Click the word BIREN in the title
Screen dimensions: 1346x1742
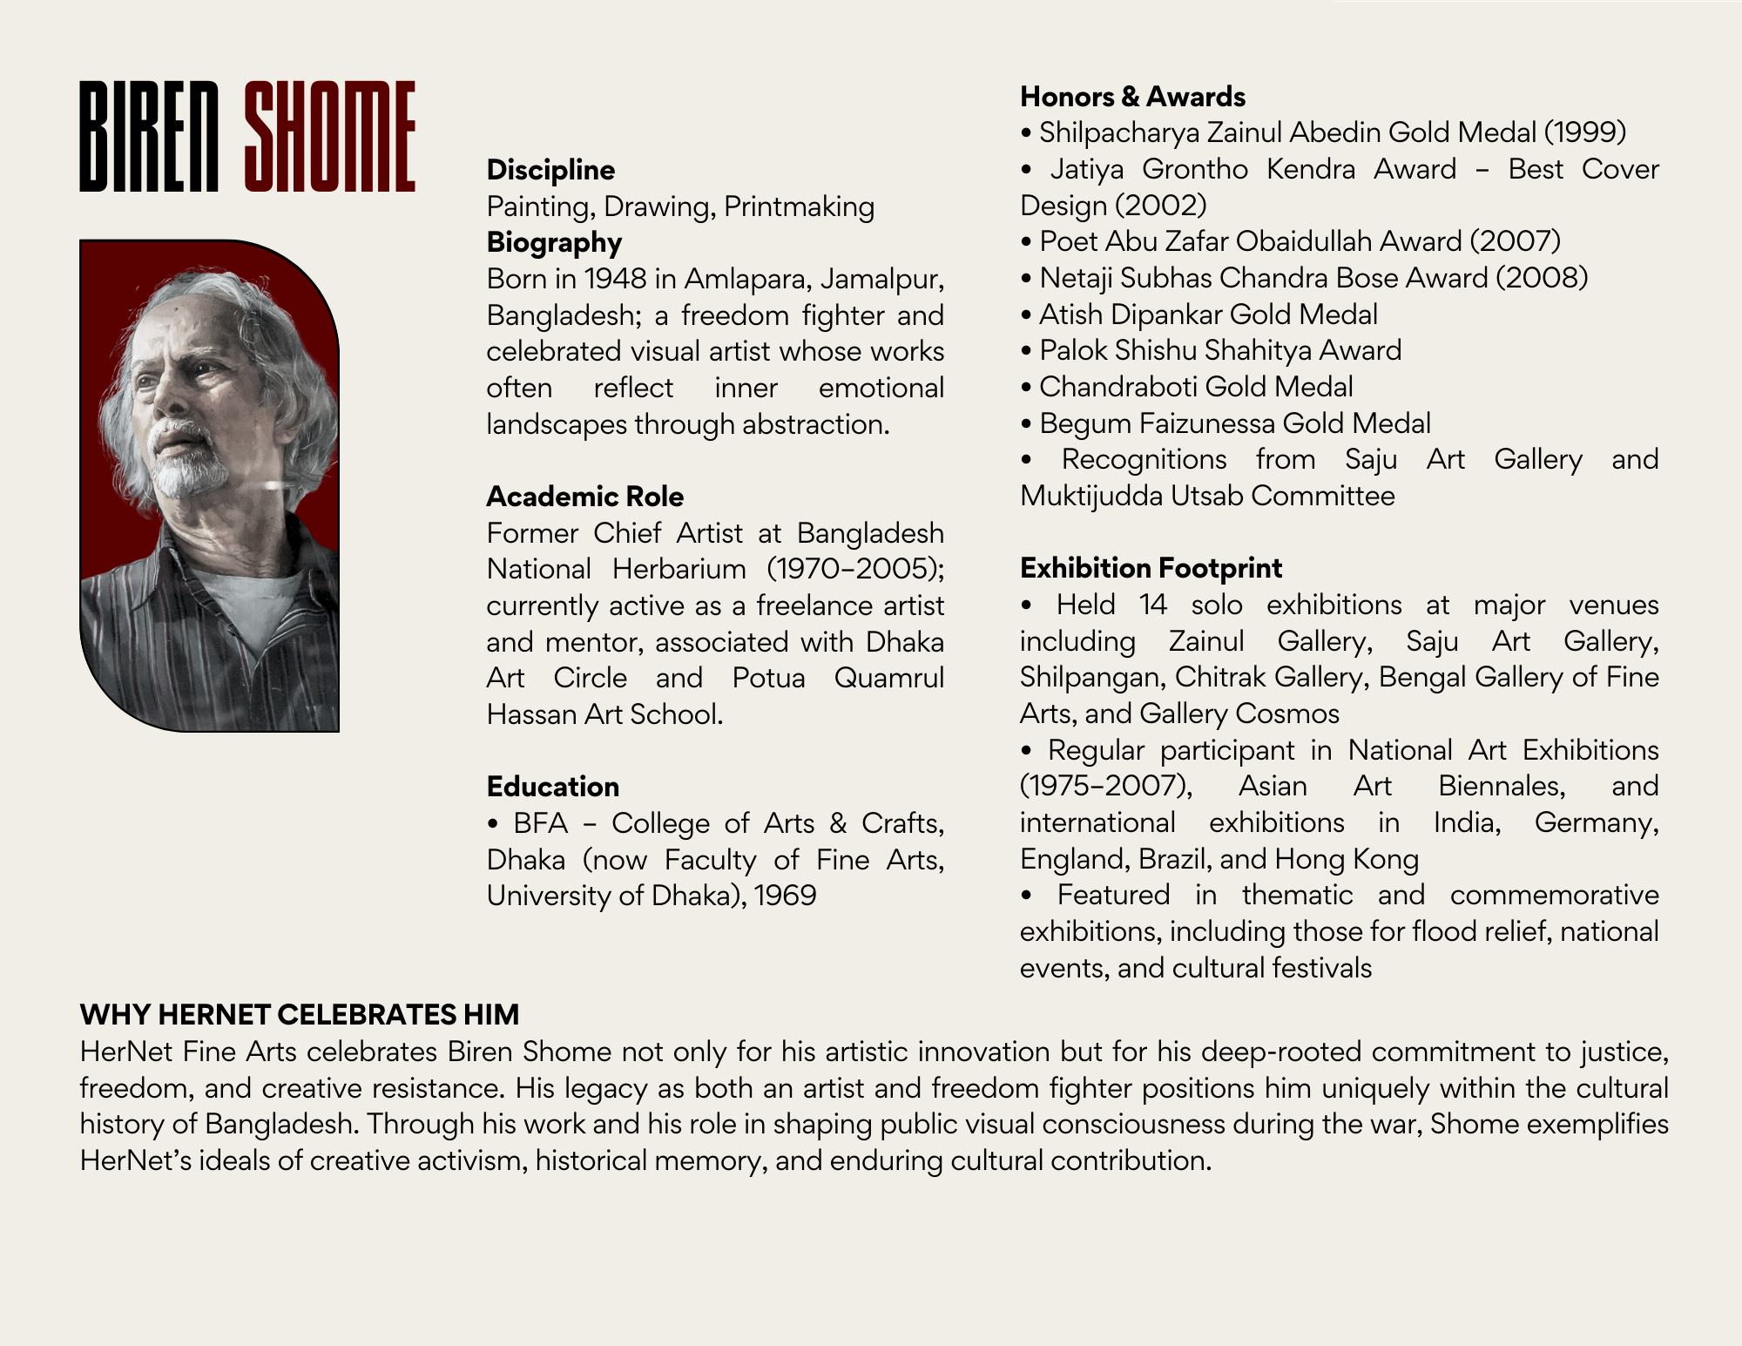[149, 137]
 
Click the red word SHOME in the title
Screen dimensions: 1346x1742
[329, 137]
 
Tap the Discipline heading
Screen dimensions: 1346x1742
[550, 170]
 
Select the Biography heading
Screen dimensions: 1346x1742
[554, 242]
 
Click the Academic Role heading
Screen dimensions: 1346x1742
[584, 497]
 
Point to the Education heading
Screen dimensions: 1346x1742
[553, 787]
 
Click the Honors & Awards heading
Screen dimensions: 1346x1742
[1132, 97]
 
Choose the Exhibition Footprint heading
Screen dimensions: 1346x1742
[1151, 568]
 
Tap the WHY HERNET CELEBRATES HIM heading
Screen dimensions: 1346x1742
[299, 1015]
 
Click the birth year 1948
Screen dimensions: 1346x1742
[615, 279]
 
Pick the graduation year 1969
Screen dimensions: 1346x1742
[785, 896]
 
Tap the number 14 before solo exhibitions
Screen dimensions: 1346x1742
[1152, 605]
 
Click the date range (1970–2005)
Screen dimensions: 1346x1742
[854, 569]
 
